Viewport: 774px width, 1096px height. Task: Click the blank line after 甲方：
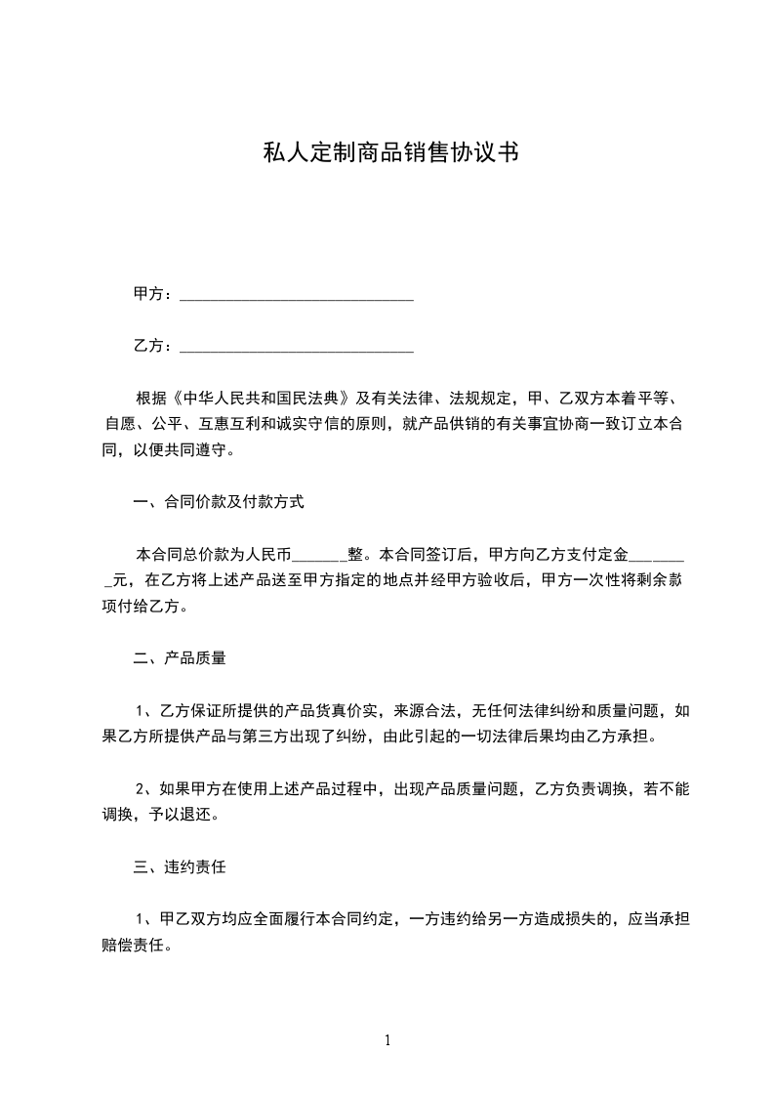click(x=298, y=295)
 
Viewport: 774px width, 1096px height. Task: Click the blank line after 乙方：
click(x=298, y=346)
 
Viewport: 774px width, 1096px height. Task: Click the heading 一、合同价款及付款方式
click(x=219, y=503)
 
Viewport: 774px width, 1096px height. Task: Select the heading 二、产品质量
click(x=180, y=658)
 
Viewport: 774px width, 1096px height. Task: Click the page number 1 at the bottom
click(x=387, y=1040)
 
